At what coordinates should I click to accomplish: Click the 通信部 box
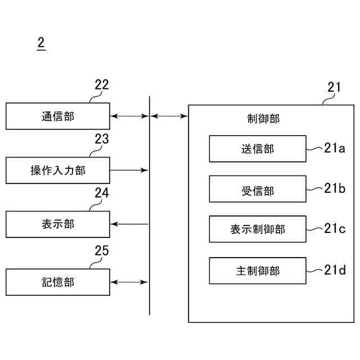58,116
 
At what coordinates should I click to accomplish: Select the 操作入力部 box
58,170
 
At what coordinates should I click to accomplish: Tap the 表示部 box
58,224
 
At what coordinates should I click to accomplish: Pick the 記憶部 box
58,282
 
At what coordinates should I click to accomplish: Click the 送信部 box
258,148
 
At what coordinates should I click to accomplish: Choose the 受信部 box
258,189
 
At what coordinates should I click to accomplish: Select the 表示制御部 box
258,229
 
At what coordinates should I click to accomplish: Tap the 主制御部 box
258,271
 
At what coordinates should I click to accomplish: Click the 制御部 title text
263,118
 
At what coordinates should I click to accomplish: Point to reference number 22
102,85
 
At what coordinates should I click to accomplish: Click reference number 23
102,139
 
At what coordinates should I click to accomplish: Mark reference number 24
102,193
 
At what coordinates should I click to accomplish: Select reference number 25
102,251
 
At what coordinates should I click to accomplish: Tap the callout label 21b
334,188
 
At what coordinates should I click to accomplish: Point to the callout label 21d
334,270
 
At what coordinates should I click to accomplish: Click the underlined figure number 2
40,43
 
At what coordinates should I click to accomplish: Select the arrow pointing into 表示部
129,224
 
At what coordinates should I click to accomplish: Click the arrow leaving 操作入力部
129,170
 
